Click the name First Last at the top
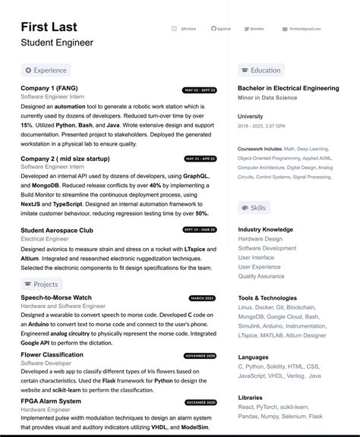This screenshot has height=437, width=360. tap(55, 27)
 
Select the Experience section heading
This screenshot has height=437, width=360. tap(46, 71)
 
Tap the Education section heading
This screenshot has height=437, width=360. tap(261, 71)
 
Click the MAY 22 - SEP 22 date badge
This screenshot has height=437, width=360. tap(201, 90)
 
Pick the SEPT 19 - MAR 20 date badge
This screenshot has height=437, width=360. tap(201, 229)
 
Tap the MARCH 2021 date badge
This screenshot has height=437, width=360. tap(202, 298)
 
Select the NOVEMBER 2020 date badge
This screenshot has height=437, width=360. tap(201, 356)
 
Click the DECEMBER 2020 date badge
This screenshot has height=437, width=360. tap(201, 402)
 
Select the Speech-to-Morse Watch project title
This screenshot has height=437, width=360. tap(56, 298)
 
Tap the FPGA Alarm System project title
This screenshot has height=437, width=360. tap(51, 401)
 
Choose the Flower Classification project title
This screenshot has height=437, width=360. tap(52, 355)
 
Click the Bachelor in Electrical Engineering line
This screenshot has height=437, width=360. tap(288, 89)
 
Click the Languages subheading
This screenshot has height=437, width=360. tap(253, 357)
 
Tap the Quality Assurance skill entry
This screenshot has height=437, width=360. tap(261, 276)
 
